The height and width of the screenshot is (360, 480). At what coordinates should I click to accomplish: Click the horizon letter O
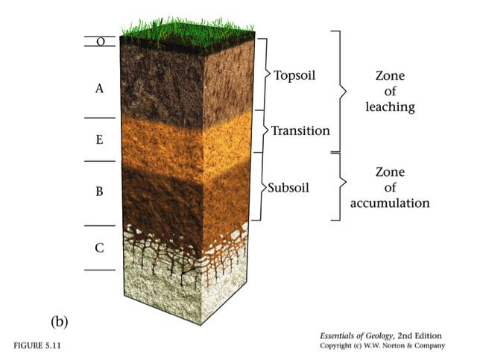click(101, 41)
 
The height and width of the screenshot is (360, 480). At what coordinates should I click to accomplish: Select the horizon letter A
click(99, 89)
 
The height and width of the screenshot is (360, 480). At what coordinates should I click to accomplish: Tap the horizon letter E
click(99, 139)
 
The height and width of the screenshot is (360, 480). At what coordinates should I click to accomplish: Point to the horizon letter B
click(99, 192)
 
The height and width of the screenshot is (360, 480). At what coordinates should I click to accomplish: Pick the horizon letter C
click(99, 247)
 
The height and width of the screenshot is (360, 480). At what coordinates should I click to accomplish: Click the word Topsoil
click(294, 75)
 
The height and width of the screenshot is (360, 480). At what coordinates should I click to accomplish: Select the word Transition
click(300, 130)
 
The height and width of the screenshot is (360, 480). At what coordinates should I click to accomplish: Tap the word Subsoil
click(288, 187)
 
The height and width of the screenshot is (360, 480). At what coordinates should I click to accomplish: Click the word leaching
click(391, 107)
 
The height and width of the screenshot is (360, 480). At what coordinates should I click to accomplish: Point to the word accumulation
click(390, 203)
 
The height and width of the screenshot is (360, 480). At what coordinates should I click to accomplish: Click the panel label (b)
click(60, 322)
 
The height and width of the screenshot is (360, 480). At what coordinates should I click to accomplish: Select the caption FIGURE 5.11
click(37, 346)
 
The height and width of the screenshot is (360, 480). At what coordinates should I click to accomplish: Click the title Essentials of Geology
click(356, 336)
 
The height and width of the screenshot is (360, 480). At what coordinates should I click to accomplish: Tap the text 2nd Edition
click(420, 336)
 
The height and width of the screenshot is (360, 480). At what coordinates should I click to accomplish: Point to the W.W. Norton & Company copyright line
click(382, 346)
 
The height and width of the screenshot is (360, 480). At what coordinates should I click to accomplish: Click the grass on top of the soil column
click(187, 29)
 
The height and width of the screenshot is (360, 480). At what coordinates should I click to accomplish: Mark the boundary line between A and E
click(100, 118)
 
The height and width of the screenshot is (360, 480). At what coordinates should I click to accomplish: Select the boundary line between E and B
click(100, 161)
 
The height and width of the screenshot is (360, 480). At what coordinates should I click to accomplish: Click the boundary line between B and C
click(100, 226)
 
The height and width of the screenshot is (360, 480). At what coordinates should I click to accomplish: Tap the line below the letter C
click(100, 270)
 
